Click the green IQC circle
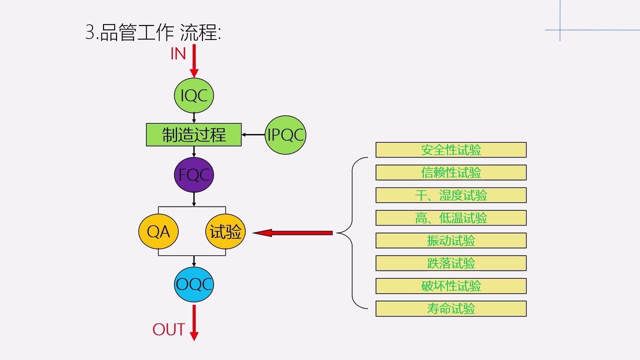pyautogui.click(x=194, y=95)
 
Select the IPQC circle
pyautogui.click(x=285, y=134)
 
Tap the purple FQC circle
pyautogui.click(x=194, y=174)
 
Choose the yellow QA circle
pyautogui.click(x=158, y=232)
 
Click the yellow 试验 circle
pyautogui.click(x=225, y=232)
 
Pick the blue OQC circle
pyautogui.click(x=194, y=284)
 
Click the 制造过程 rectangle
pyautogui.click(x=193, y=134)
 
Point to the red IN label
pyautogui.click(x=178, y=53)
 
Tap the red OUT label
pyautogui.click(x=168, y=329)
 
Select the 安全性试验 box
pyautogui.click(x=450, y=149)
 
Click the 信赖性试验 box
pyautogui.click(x=450, y=172)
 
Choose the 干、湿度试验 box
pyautogui.click(x=450, y=195)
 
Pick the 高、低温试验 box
pyautogui.click(x=450, y=217)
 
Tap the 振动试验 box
pyautogui.click(x=450, y=240)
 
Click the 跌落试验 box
pyautogui.click(x=450, y=263)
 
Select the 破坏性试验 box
pyautogui.click(x=450, y=285)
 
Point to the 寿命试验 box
pyautogui.click(x=450, y=308)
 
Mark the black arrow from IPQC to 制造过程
pyautogui.click(x=253, y=134)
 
